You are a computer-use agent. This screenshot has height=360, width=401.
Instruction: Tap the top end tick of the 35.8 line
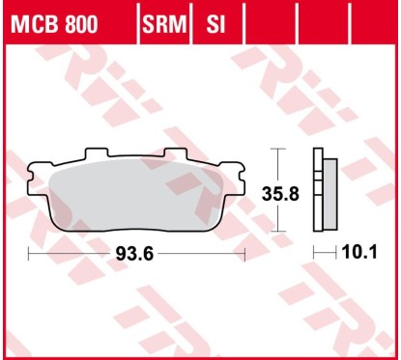(x=278, y=150)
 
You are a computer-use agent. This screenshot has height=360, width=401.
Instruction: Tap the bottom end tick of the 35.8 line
(x=278, y=233)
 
